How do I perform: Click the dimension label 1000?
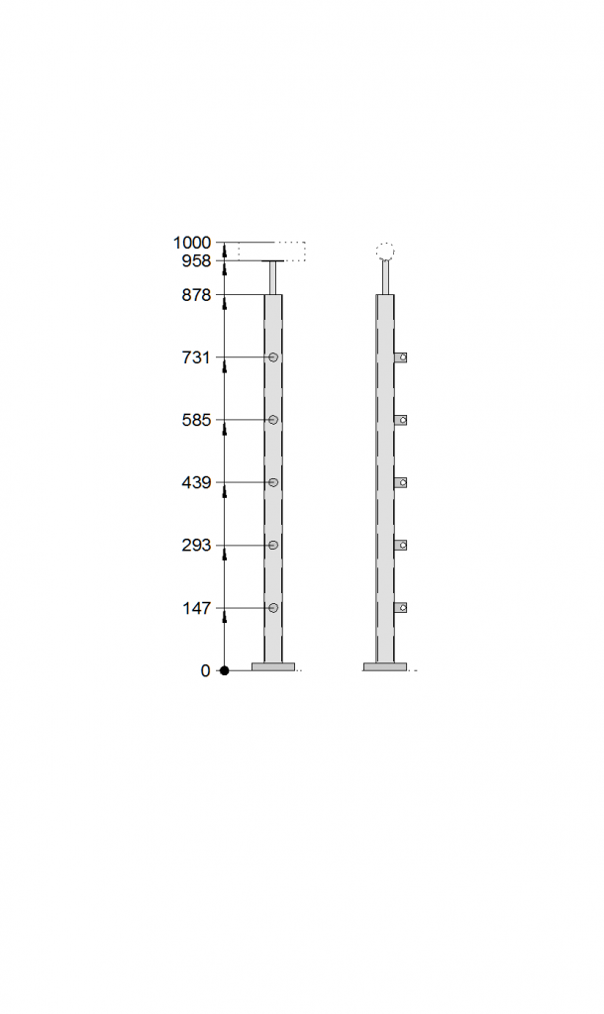(191, 244)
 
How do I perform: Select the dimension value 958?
(197, 261)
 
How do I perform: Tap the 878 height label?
(197, 295)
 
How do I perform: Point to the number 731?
(196, 357)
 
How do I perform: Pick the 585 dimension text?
(197, 420)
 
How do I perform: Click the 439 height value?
(197, 483)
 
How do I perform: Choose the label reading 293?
(197, 546)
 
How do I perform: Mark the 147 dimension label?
(197, 609)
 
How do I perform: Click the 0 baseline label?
(205, 671)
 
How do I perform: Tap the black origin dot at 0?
(225, 670)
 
